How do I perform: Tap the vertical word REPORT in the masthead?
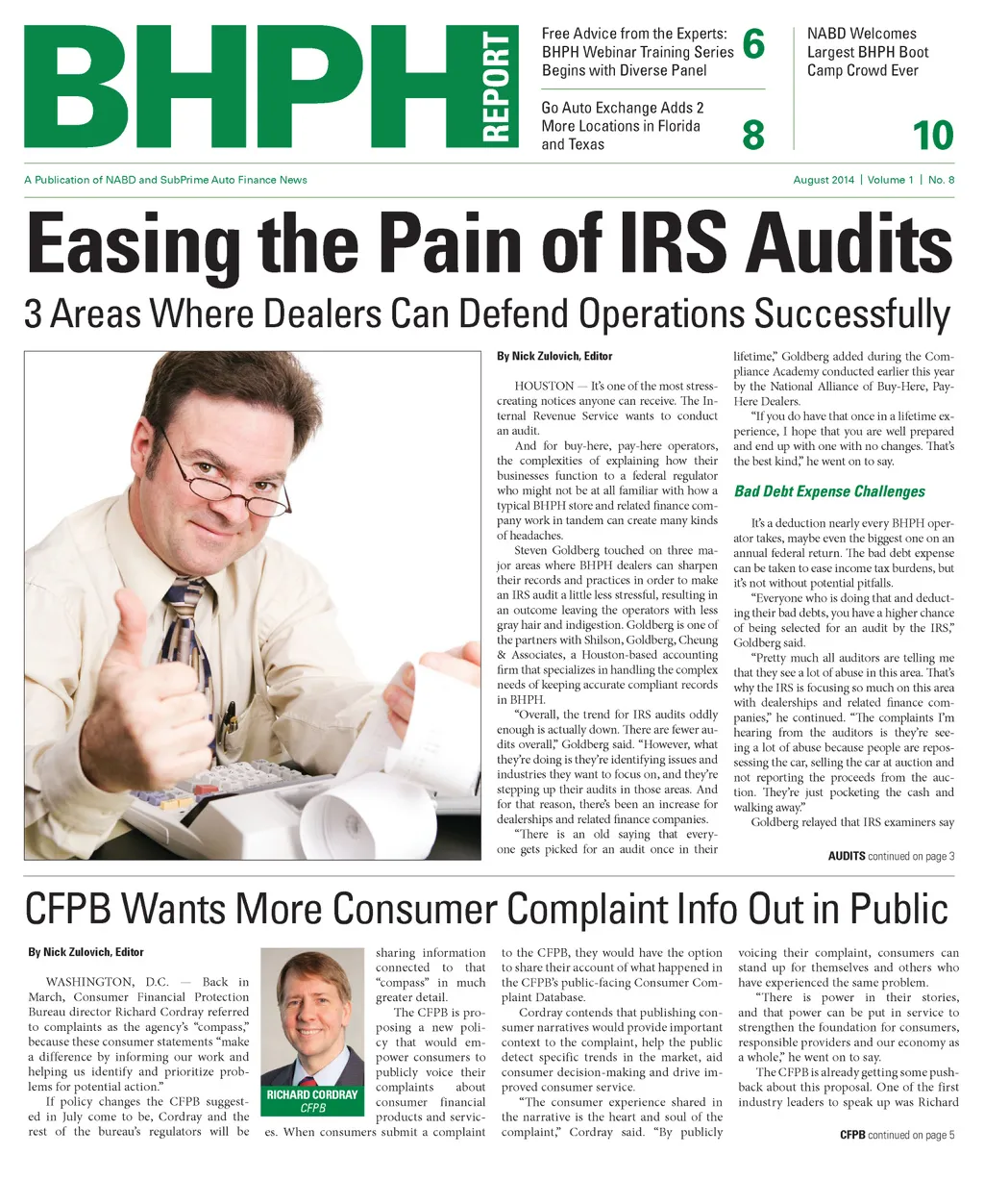495,87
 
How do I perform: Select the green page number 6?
753,44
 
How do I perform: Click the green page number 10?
933,136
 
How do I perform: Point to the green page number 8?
753,136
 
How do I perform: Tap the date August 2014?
824,180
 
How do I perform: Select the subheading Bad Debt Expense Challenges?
829,491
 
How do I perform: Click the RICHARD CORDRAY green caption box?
312,1100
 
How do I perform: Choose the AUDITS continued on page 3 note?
891,856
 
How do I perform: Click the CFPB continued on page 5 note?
897,1135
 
